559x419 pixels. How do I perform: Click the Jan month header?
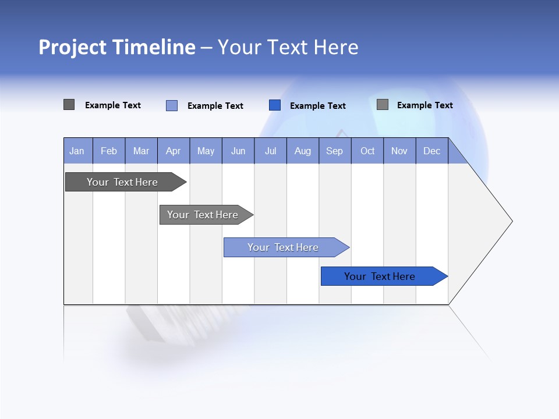tap(77, 151)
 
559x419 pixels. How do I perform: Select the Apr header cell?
tap(173, 151)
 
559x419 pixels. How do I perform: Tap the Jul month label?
tap(270, 151)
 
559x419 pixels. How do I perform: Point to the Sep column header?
tap(334, 151)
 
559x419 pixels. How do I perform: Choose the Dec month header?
tap(431, 151)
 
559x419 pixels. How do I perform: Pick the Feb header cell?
tap(109, 151)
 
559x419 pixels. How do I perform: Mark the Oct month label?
tap(367, 151)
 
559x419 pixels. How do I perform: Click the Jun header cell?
tap(238, 151)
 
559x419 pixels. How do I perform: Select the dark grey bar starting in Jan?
tap(122, 182)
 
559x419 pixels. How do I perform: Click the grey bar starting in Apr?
tap(203, 215)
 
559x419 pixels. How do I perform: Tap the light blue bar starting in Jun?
tap(283, 247)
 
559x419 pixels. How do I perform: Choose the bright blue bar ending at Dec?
tap(380, 276)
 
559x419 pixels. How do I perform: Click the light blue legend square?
tap(172, 105)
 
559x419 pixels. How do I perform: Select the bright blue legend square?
tap(275, 105)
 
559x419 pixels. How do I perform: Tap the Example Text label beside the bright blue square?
tap(317, 106)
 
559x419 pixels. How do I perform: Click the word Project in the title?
tap(72, 47)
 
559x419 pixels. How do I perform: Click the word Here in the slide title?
tap(336, 47)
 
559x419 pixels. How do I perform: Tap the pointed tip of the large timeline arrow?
tap(511, 221)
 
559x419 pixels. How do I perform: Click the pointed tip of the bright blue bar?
tap(447, 276)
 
